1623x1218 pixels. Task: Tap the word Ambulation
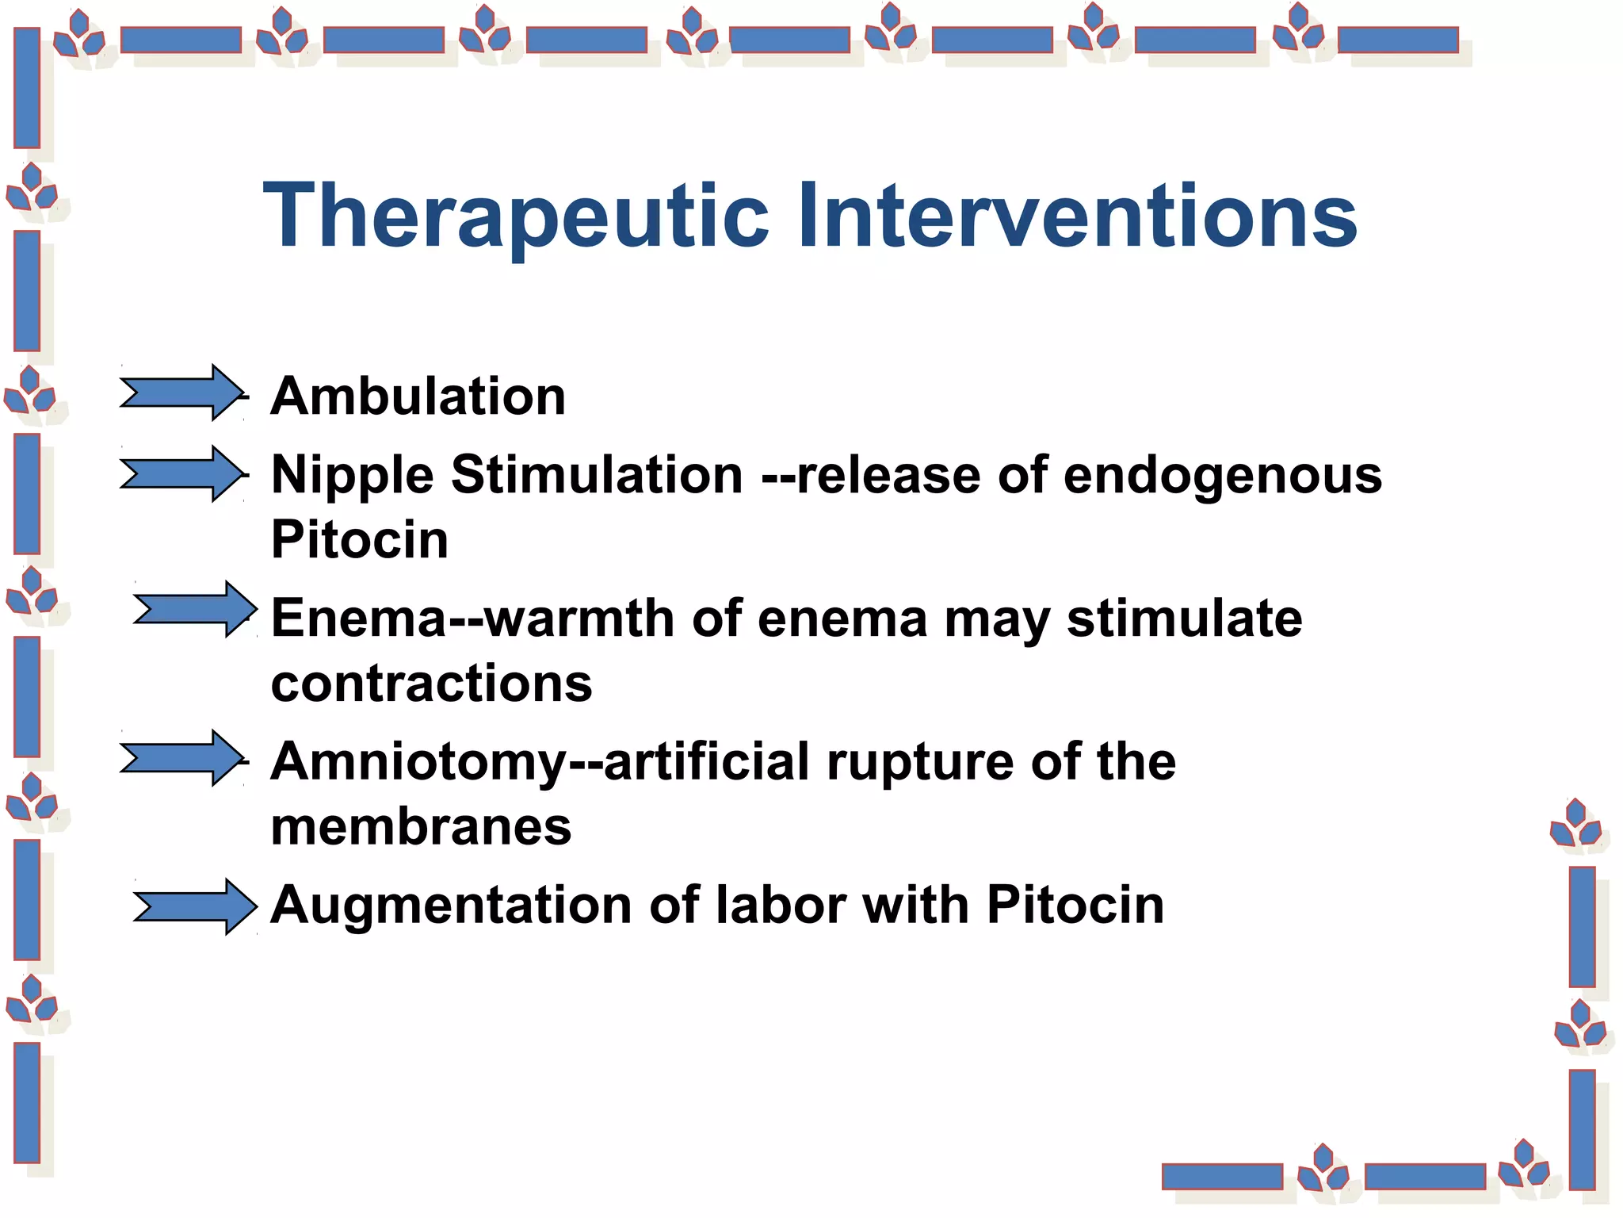pos(418,396)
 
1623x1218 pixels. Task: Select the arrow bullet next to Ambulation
pos(181,393)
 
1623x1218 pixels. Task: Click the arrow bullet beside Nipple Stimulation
pos(181,474)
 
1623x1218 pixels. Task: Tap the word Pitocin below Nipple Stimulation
pos(360,540)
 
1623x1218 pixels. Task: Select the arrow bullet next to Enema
pos(195,609)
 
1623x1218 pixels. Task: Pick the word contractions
pos(431,684)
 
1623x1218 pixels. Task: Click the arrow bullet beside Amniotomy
pos(181,758)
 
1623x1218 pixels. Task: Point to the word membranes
pos(421,827)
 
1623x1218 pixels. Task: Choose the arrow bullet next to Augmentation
pos(195,906)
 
